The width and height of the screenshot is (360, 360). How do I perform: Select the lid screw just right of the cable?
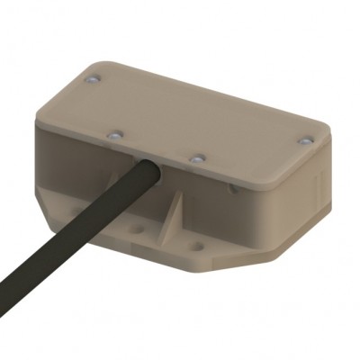click(x=194, y=158)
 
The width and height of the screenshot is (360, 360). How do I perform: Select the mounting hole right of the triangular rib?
click(x=193, y=242)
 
